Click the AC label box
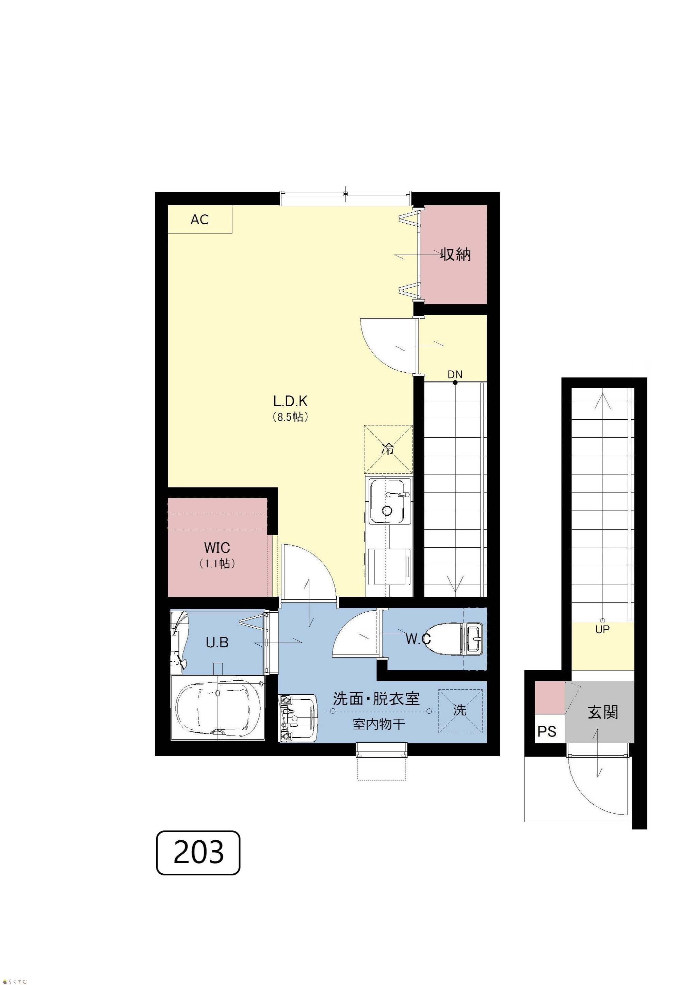click(x=200, y=219)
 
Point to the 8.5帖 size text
click(x=290, y=417)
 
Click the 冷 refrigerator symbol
click(x=388, y=449)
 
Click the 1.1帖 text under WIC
click(x=217, y=563)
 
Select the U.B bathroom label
click(x=217, y=642)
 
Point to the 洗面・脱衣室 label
click(x=376, y=698)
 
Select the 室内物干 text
click(x=379, y=724)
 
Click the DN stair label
click(x=455, y=374)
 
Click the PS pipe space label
click(x=547, y=731)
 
